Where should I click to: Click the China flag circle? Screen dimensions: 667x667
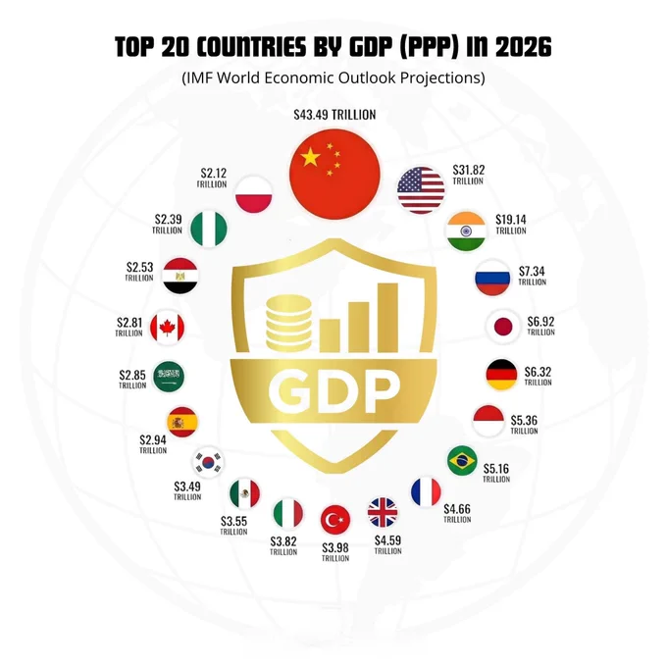334,174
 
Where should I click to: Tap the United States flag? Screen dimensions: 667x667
421,190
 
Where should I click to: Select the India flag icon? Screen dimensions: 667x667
466,231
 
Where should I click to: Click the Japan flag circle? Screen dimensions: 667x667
503,327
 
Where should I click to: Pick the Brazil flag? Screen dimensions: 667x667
462,460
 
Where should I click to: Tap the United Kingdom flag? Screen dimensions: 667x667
383,512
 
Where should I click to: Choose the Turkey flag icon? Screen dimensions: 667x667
335,520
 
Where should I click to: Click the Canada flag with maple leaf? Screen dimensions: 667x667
167,328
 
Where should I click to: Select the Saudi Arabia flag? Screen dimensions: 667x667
169,377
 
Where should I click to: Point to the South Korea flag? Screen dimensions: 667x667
208,462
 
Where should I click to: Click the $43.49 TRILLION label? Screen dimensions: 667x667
334,115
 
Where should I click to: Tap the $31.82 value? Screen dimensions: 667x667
468,170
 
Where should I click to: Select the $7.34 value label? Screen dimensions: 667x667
532,271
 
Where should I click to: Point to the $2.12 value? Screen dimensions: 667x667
214,174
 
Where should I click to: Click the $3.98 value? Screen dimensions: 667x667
335,547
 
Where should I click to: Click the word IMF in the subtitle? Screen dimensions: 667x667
198,77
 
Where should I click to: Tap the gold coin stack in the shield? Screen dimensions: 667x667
288,324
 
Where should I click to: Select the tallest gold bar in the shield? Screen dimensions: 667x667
387,318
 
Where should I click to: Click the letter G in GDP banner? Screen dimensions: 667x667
288,390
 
